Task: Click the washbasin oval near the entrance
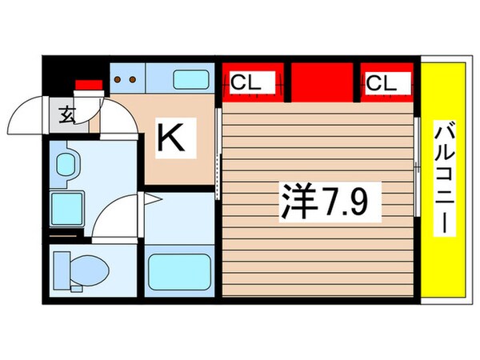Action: click(x=64, y=163)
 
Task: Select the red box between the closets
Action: click(x=322, y=82)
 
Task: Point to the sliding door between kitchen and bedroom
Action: click(x=219, y=152)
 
